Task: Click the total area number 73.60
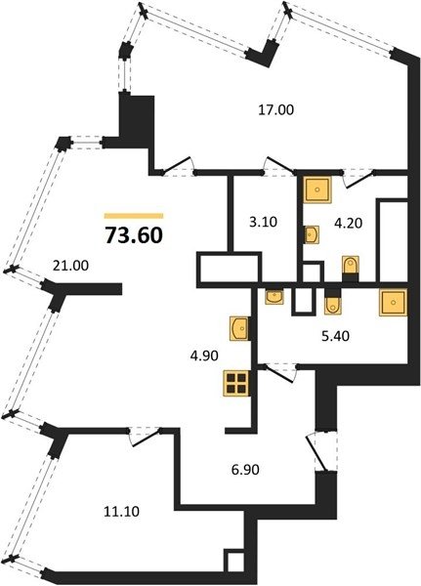coord(134,235)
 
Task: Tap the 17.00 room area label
coord(276,109)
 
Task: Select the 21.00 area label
coord(71,266)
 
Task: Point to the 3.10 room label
coord(263,222)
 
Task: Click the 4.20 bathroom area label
coord(349,223)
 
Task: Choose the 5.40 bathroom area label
coord(335,336)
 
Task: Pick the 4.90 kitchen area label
coord(203,356)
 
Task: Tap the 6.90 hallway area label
coord(245,469)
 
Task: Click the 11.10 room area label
coord(121,511)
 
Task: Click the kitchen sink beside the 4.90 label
coord(239,328)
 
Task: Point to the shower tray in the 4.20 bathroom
coord(317,189)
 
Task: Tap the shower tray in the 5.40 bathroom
coord(393,302)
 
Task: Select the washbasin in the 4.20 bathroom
coord(311,234)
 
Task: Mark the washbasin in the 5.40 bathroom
coord(274,296)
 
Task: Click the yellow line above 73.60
coord(134,216)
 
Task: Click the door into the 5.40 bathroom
coord(278,373)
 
